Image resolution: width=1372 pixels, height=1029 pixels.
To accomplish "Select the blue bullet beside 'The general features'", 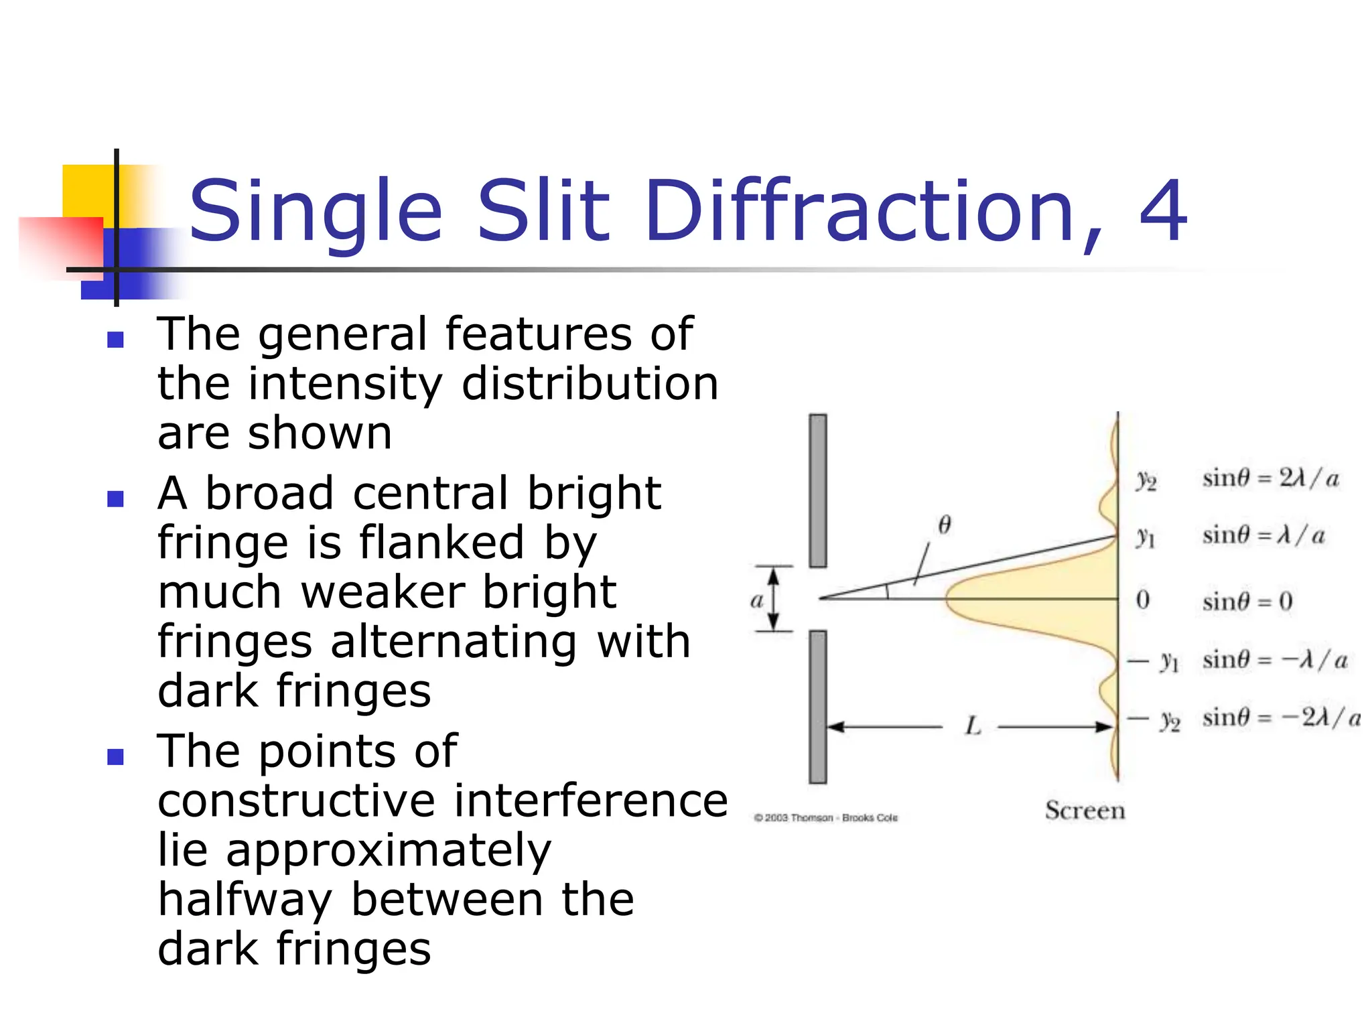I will (115, 340).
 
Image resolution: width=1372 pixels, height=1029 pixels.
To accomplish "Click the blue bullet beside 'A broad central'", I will (115, 498).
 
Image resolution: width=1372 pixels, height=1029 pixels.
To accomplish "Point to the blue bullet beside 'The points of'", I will (115, 757).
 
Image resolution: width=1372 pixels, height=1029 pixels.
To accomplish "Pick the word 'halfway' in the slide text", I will (245, 901).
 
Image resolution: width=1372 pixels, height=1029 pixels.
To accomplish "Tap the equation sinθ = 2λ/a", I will (1270, 479).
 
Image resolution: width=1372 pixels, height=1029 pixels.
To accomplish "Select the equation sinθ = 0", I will (1247, 602).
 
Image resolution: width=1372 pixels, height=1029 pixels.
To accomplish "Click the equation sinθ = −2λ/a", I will (1280, 718).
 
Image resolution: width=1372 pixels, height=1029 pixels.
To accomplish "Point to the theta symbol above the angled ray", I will (945, 525).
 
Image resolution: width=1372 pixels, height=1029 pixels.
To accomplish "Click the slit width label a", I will (757, 600).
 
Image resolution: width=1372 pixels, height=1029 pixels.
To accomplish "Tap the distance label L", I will (973, 726).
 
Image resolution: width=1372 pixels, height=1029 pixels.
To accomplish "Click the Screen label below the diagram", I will (1085, 811).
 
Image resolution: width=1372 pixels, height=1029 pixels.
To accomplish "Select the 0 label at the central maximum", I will (1143, 600).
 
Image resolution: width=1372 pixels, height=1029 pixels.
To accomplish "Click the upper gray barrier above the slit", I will (817, 490).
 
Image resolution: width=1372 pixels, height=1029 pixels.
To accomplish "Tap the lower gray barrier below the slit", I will (817, 707).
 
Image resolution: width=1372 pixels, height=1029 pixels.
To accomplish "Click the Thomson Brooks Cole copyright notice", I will (825, 818).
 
